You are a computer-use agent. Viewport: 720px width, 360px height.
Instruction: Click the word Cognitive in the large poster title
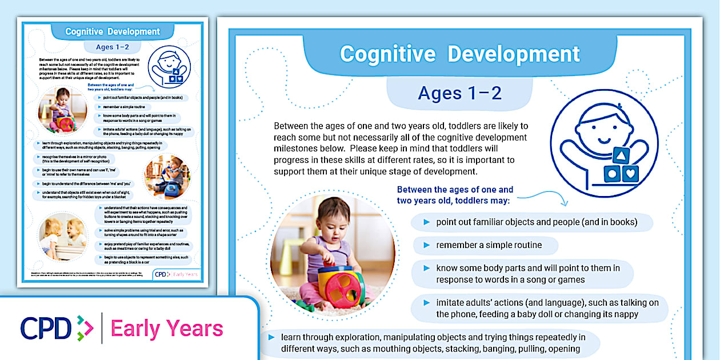387,54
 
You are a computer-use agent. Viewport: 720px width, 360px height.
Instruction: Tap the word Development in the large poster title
514,54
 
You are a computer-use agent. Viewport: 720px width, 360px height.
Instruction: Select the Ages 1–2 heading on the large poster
459,93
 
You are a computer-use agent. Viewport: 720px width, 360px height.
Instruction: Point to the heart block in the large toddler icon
630,174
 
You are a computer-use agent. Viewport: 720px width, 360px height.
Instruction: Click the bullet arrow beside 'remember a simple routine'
426,245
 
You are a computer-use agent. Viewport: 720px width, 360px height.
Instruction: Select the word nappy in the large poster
626,314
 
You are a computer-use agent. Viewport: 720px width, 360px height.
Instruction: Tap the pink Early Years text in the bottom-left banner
167,329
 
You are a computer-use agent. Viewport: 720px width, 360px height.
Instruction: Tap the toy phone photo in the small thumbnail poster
167,177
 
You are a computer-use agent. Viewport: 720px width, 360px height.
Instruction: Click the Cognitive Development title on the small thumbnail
113,31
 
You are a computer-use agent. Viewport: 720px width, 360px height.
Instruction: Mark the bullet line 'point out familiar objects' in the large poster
536,222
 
